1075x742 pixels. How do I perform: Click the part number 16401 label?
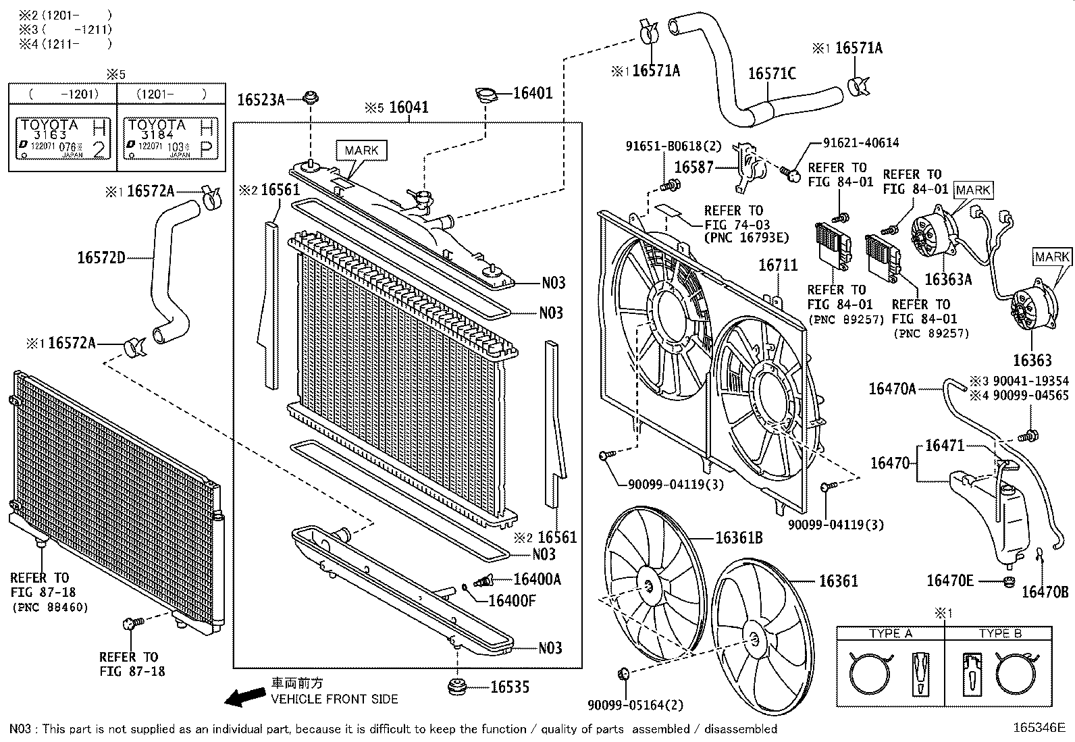click(533, 93)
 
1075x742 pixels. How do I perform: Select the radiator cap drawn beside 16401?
click(485, 96)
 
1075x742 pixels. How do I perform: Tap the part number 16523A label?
click(261, 100)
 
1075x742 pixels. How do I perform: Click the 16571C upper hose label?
click(772, 73)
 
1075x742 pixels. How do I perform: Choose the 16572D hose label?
click(101, 257)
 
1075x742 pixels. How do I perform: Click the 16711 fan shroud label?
click(778, 265)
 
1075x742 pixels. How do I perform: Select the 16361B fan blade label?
click(739, 537)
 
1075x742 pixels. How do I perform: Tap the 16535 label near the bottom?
click(510, 687)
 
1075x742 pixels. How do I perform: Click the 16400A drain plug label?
click(537, 579)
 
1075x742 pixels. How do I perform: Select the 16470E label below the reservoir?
click(950, 581)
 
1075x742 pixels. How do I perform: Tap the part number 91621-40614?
click(861, 143)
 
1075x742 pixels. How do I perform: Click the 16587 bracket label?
click(693, 167)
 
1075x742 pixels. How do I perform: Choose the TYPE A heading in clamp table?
click(891, 633)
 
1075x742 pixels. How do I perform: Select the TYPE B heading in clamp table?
click(1001, 633)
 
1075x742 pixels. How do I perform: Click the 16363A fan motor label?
click(947, 280)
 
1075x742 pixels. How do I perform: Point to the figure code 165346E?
click(1038, 728)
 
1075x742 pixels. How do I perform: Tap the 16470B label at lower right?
click(1045, 592)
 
